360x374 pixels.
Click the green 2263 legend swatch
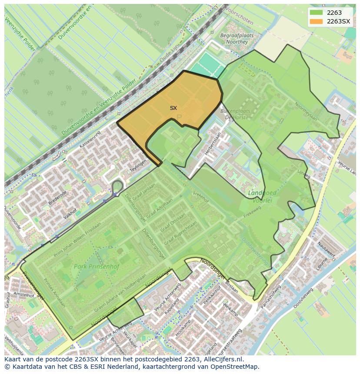316,13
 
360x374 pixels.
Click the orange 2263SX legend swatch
316,21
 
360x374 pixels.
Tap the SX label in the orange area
173,108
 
